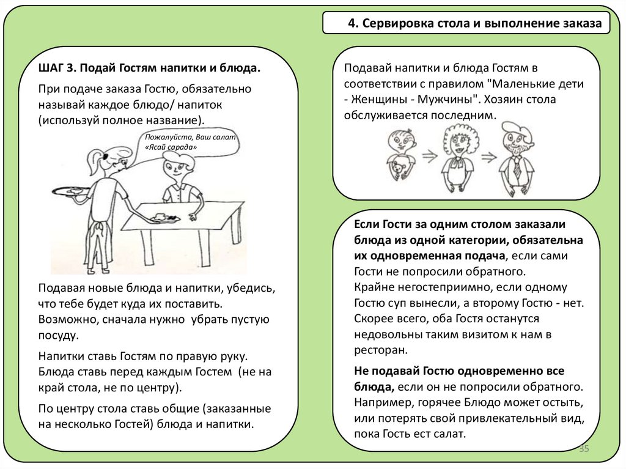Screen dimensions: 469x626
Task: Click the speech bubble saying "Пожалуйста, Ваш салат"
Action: (190, 142)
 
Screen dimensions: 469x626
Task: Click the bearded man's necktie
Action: (517, 168)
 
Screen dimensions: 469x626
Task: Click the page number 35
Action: (583, 449)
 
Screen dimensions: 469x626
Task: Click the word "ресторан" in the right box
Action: (380, 350)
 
